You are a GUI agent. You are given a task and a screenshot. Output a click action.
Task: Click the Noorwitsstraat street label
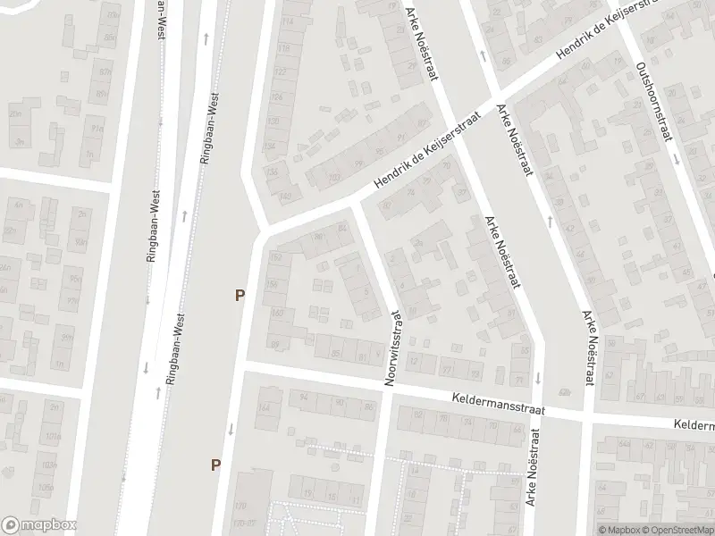(392, 348)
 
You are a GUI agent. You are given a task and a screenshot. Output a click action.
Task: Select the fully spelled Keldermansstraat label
(497, 403)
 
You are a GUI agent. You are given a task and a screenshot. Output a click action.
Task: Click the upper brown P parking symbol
(239, 295)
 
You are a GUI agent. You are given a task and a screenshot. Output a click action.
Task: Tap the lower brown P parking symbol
(214, 464)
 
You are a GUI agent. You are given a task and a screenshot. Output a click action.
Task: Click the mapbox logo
(39, 525)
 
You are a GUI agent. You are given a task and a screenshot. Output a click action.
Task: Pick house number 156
(273, 284)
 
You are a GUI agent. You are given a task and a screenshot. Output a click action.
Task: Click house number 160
(277, 313)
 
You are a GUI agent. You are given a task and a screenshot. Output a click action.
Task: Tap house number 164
(264, 408)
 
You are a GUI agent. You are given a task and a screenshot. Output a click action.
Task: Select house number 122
(281, 71)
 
